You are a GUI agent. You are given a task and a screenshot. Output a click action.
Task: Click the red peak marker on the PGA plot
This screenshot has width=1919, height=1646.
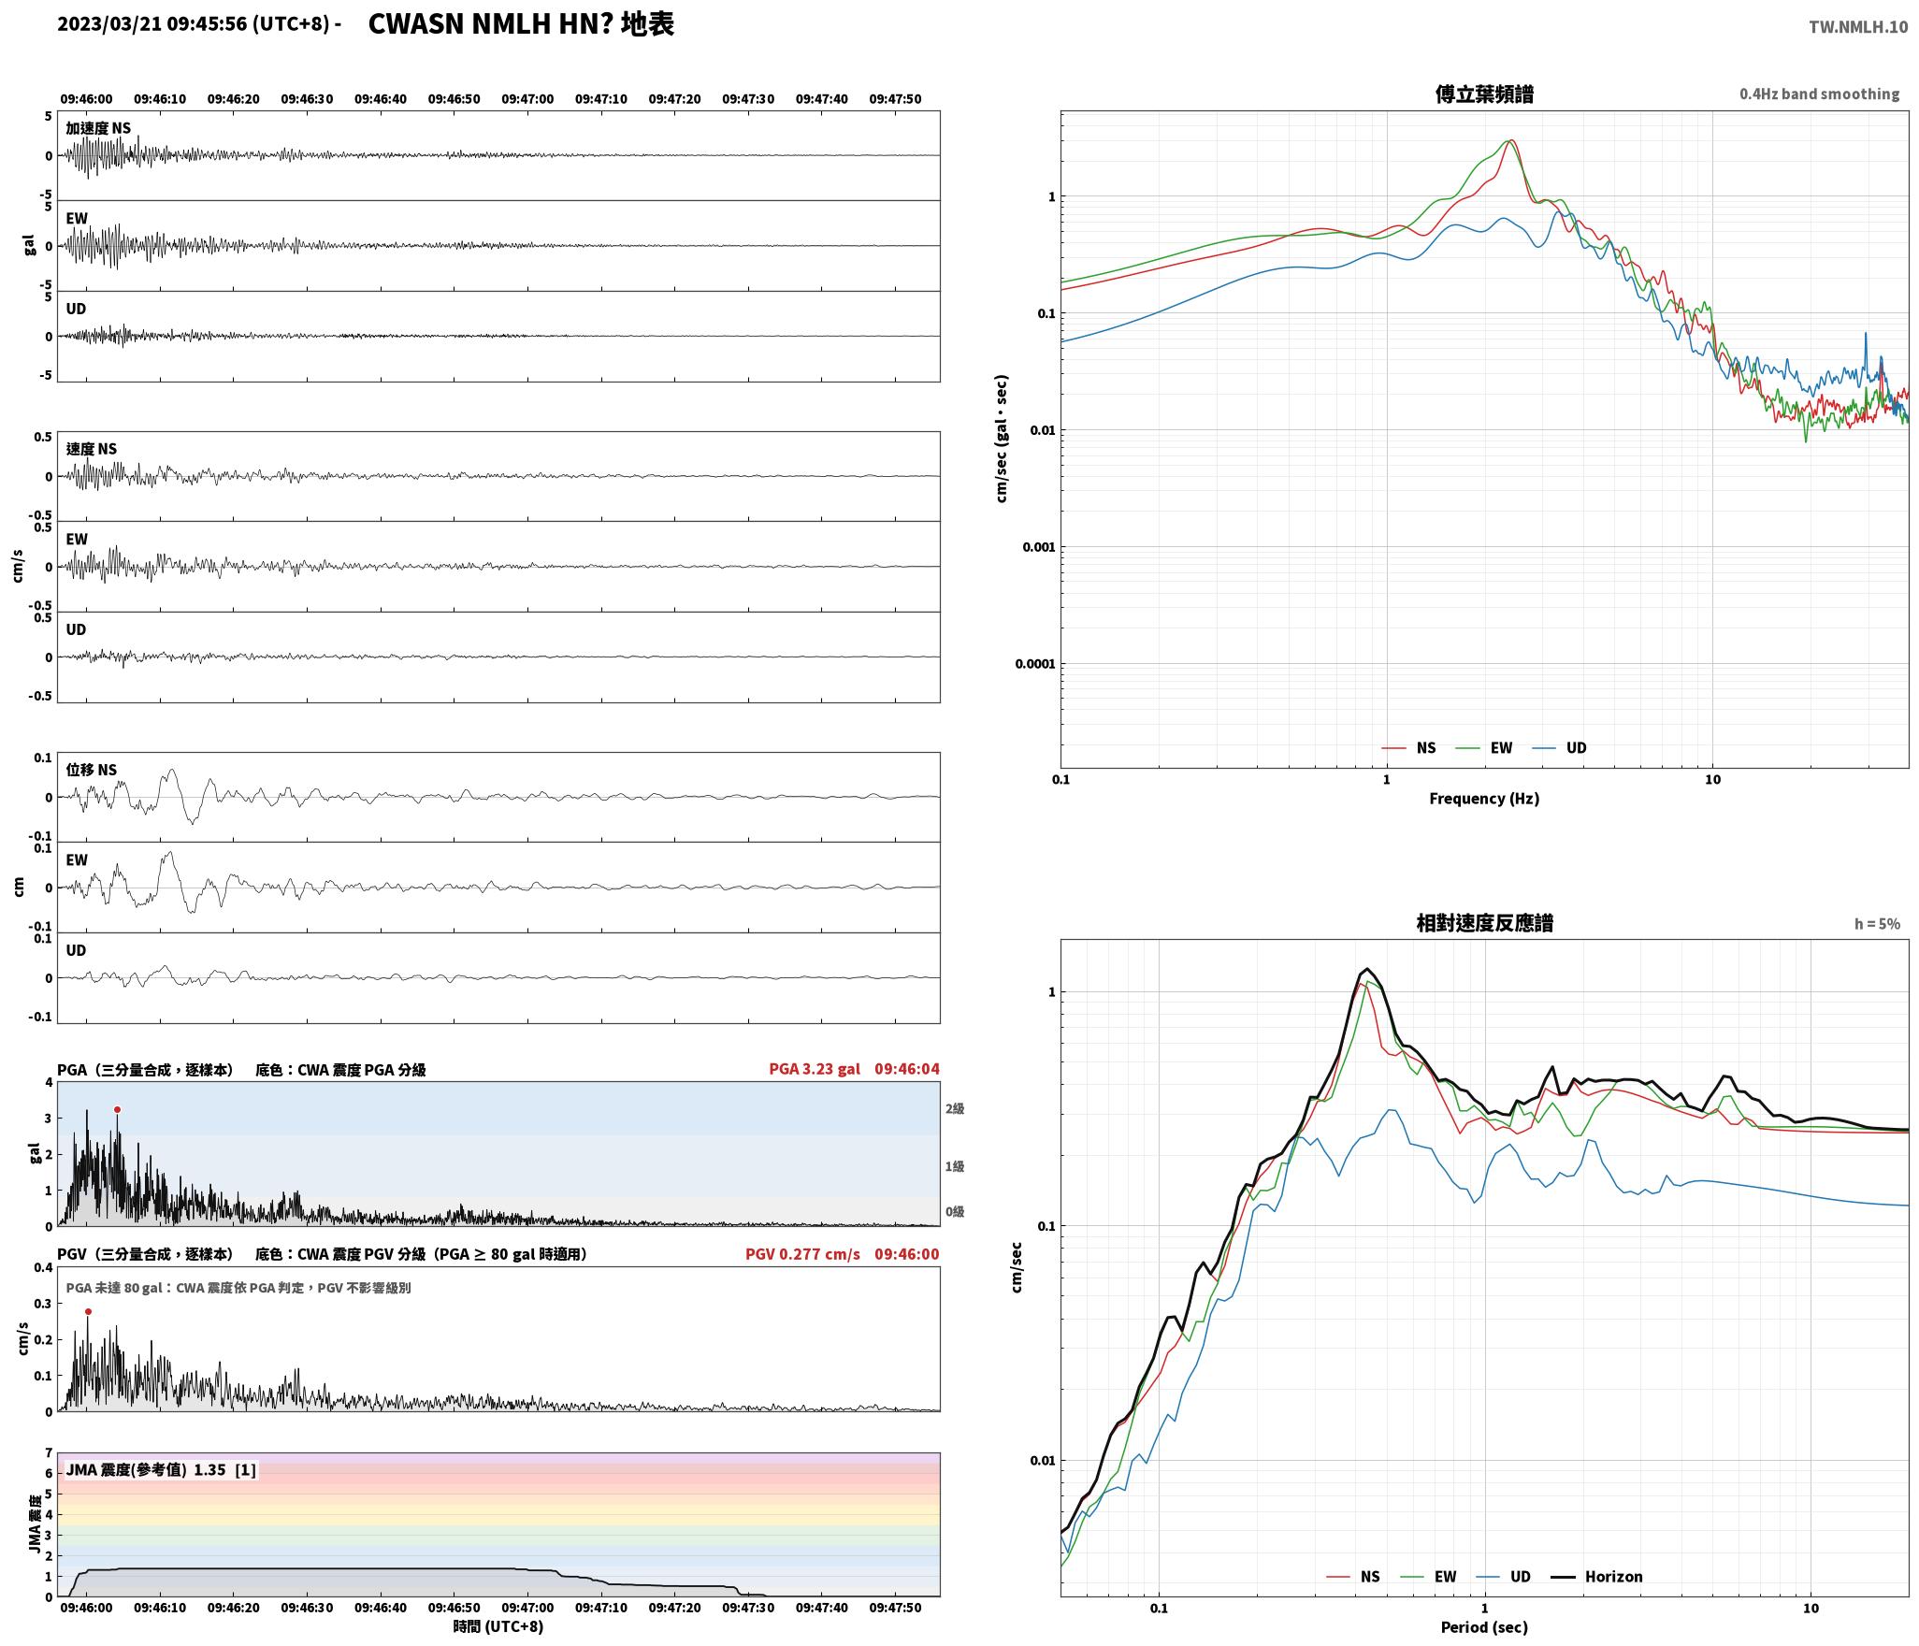click(117, 1109)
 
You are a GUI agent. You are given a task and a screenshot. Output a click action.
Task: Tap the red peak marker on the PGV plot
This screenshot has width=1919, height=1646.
click(88, 1311)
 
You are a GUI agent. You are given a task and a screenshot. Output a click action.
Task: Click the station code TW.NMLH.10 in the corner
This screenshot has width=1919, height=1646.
click(1857, 27)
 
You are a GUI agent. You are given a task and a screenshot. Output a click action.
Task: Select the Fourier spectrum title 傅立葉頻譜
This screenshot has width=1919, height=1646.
click(1484, 94)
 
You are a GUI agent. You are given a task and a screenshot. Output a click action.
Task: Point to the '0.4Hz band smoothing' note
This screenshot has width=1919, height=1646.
click(1819, 94)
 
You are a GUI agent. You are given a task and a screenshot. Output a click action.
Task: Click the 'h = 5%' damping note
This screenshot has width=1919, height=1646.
click(1877, 924)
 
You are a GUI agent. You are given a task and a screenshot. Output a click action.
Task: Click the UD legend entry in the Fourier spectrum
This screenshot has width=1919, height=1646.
click(1559, 747)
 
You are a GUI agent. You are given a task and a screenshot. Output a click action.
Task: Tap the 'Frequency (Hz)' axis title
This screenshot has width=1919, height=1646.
click(1484, 798)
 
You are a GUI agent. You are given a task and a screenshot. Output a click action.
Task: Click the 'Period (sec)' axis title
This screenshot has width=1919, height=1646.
click(1484, 1626)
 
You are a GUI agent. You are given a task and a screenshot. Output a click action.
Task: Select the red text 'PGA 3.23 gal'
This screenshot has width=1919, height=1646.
click(815, 1069)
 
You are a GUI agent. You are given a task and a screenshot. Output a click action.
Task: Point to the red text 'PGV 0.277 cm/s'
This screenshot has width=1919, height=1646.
click(802, 1254)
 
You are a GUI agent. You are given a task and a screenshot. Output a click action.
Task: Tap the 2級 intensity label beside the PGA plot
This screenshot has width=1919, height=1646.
click(954, 1108)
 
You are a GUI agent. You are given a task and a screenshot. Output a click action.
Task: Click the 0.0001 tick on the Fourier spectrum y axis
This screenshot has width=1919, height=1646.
click(1034, 664)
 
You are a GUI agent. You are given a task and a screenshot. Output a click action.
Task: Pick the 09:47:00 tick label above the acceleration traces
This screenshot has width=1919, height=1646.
click(527, 99)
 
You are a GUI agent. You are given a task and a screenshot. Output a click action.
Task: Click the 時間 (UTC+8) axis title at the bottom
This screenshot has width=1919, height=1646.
click(498, 1626)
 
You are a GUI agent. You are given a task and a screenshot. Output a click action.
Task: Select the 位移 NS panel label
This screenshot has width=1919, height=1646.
click(92, 770)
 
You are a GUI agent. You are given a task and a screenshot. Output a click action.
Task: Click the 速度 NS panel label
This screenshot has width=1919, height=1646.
click(92, 449)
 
